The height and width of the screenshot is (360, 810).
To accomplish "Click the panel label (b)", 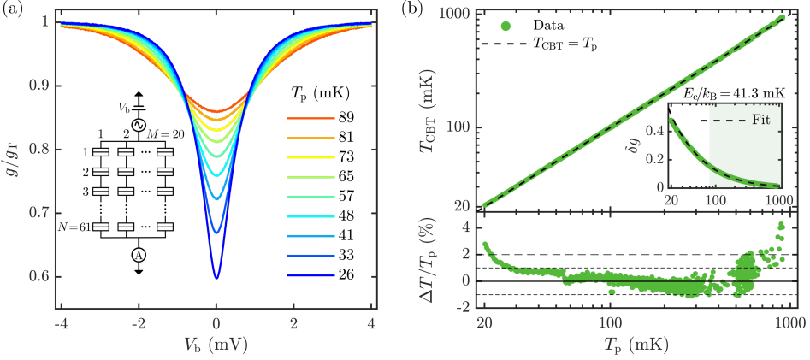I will (427, 11).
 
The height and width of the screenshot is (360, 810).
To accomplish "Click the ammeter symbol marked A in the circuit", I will (136, 255).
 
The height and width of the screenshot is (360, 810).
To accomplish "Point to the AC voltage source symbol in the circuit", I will (136, 123).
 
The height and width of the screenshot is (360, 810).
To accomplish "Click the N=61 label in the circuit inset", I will (83, 227).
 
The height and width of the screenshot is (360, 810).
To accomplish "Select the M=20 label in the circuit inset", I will (157, 134).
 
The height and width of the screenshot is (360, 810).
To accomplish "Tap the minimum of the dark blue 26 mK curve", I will (216, 278).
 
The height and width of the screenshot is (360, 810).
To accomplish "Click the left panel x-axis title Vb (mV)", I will (216, 345).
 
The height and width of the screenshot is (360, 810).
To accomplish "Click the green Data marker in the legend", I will (499, 25).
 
